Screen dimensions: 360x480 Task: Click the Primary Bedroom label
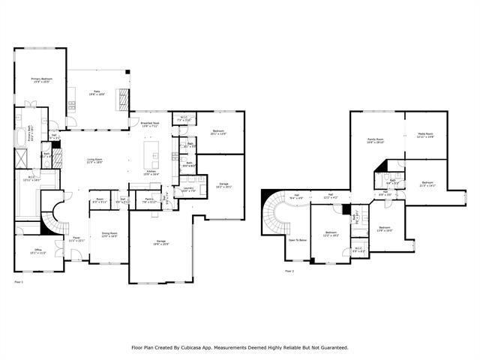pyautogui.click(x=40, y=79)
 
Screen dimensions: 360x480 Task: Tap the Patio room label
pyautogui.click(x=97, y=93)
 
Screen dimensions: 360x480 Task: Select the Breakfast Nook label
pyautogui.click(x=150, y=124)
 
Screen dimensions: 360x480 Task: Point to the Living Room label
pyautogui.click(x=94, y=160)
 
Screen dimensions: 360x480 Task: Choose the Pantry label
pyautogui.click(x=150, y=202)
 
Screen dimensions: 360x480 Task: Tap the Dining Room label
pyautogui.click(x=109, y=235)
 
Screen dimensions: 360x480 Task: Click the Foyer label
pyautogui.click(x=77, y=239)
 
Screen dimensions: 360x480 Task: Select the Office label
pyautogui.click(x=37, y=251)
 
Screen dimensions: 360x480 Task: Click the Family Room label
pyautogui.click(x=375, y=140)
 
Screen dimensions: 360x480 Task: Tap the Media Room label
pyautogui.click(x=425, y=135)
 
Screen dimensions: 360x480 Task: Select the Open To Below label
pyautogui.click(x=298, y=240)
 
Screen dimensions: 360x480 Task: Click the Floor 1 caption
pyautogui.click(x=19, y=281)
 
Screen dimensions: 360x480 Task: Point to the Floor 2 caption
pyautogui.click(x=289, y=271)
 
